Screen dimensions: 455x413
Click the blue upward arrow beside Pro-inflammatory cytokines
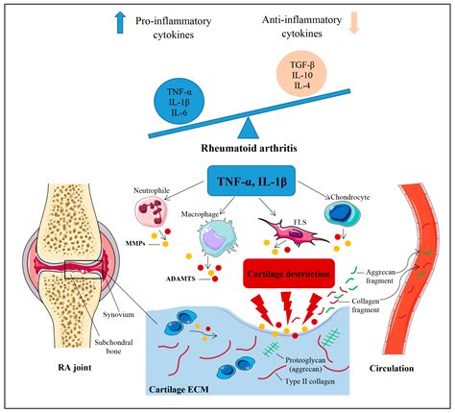point(120,22)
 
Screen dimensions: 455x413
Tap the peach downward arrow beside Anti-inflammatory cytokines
point(354,22)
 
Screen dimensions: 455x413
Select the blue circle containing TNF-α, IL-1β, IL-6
point(179,102)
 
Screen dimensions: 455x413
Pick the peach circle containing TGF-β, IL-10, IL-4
point(301,75)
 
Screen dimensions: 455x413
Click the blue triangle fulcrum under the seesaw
point(249,128)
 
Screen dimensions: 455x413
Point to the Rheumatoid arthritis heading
point(249,148)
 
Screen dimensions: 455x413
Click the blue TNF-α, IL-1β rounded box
point(251,181)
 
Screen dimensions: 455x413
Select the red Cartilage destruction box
point(289,274)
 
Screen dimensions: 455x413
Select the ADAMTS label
point(180,279)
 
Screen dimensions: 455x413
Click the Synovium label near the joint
point(118,314)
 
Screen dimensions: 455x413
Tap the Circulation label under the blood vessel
point(392,368)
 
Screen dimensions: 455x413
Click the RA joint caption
point(75,367)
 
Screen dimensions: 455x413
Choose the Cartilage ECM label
point(179,389)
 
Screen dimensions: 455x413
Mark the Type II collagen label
point(310,381)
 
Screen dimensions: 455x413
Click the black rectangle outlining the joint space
point(84,270)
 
